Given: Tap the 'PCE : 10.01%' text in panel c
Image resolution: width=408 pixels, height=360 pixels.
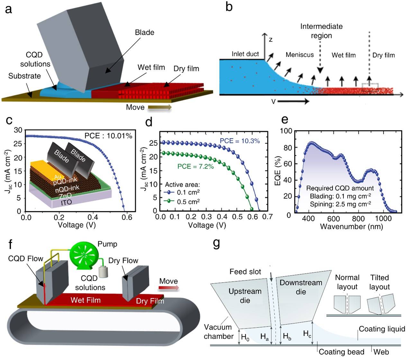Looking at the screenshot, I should pos(108,136).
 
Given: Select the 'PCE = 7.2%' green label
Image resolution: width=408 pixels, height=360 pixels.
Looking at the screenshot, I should pos(195,166).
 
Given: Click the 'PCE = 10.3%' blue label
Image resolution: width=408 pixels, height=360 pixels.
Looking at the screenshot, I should pos(240,141).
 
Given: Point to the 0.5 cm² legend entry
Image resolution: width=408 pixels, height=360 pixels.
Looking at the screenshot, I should pos(188,201).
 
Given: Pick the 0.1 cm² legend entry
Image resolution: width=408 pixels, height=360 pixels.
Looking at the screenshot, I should pos(188,193).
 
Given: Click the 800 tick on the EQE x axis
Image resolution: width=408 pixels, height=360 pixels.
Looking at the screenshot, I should pos(358,219).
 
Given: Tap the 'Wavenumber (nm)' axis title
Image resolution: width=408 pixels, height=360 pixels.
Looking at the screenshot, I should pos(351,227).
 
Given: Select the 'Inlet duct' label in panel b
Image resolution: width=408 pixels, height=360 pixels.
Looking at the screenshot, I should pos(245,54).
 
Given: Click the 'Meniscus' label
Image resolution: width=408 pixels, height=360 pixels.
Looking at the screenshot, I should pos(299,55).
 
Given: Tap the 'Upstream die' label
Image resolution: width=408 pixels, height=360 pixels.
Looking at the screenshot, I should pos(245,296).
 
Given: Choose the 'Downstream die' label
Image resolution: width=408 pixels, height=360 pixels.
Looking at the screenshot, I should pos(301,287).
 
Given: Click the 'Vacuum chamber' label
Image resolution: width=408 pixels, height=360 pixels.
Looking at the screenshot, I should pos(219,332).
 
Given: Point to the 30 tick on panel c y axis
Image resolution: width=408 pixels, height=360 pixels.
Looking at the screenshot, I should pos(18,130).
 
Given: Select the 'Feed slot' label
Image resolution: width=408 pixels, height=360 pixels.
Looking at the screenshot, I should pos(245,272).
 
